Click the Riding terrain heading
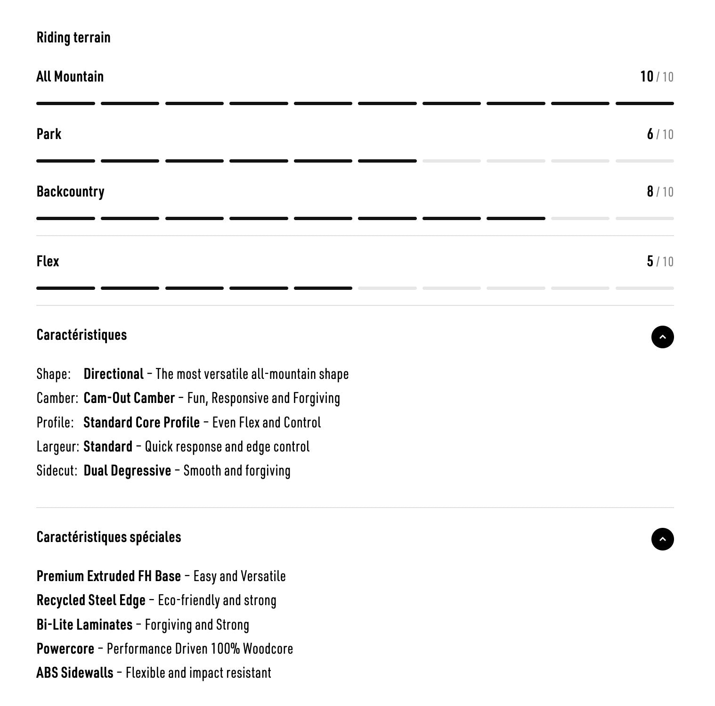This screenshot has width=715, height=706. [73, 38]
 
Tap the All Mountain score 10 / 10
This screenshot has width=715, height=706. [657, 76]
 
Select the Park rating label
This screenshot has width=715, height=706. [49, 134]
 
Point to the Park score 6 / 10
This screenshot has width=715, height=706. [660, 134]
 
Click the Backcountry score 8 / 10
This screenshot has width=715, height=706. [660, 192]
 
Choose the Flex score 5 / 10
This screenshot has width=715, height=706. [660, 262]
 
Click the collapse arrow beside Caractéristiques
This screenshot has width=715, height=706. [662, 337]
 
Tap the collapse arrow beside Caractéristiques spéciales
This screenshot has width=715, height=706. [662, 539]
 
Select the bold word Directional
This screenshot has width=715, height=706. [114, 374]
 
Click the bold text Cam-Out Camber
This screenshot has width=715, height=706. [129, 398]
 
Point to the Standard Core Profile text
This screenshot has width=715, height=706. [141, 423]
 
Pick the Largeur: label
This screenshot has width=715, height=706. [57, 447]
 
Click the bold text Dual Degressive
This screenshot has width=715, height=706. [127, 471]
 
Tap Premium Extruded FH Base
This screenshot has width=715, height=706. [109, 576]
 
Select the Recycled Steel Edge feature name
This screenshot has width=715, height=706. [91, 600]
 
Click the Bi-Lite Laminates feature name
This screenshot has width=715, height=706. [84, 625]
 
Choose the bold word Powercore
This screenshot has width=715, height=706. [65, 649]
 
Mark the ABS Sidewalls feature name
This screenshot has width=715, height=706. [75, 673]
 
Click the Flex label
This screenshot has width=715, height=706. [48, 262]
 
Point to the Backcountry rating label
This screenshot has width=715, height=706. [71, 192]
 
